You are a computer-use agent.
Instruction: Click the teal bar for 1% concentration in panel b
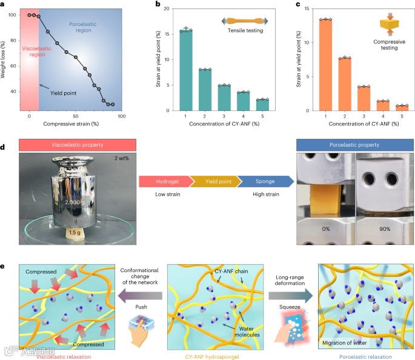pos(186,70)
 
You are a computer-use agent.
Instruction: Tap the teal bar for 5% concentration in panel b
pos(262,105)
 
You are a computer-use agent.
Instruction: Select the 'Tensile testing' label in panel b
pos(245,30)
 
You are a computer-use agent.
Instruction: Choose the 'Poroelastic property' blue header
pos(354,146)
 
